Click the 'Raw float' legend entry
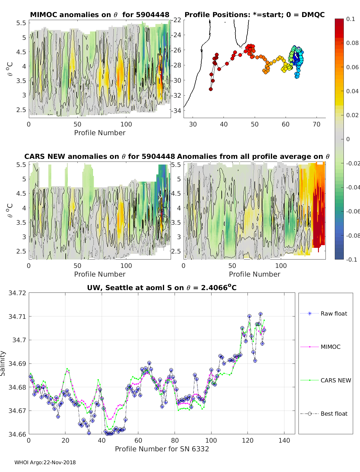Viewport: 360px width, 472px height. tap(324, 313)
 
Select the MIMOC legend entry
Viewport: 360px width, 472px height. tap(320, 347)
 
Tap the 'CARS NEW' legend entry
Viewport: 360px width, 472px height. tap(325, 380)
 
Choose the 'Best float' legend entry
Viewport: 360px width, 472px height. tap(324, 414)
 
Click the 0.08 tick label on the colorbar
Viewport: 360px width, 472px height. tap(352, 43)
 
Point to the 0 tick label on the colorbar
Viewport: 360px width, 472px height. tap(348, 139)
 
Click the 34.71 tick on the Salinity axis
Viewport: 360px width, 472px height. tap(17, 316)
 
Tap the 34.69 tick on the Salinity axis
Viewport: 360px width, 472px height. tap(17, 364)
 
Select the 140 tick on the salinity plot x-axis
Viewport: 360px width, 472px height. tap(284, 441)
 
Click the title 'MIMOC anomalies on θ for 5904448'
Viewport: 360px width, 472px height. tap(100, 15)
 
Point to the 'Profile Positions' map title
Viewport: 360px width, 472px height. tap(255, 15)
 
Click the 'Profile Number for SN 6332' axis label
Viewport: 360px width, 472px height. tap(162, 449)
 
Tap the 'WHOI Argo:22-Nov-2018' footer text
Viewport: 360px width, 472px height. tap(45, 462)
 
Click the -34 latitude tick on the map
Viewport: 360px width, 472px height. tap(176, 111)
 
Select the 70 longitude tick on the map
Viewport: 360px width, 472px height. tap(316, 124)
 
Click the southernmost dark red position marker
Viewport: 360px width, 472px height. tap(211, 89)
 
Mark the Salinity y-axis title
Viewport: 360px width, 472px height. tap(3, 364)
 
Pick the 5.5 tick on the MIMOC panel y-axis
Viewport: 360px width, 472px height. tap(21, 23)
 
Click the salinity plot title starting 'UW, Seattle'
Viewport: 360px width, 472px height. tap(162, 287)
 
